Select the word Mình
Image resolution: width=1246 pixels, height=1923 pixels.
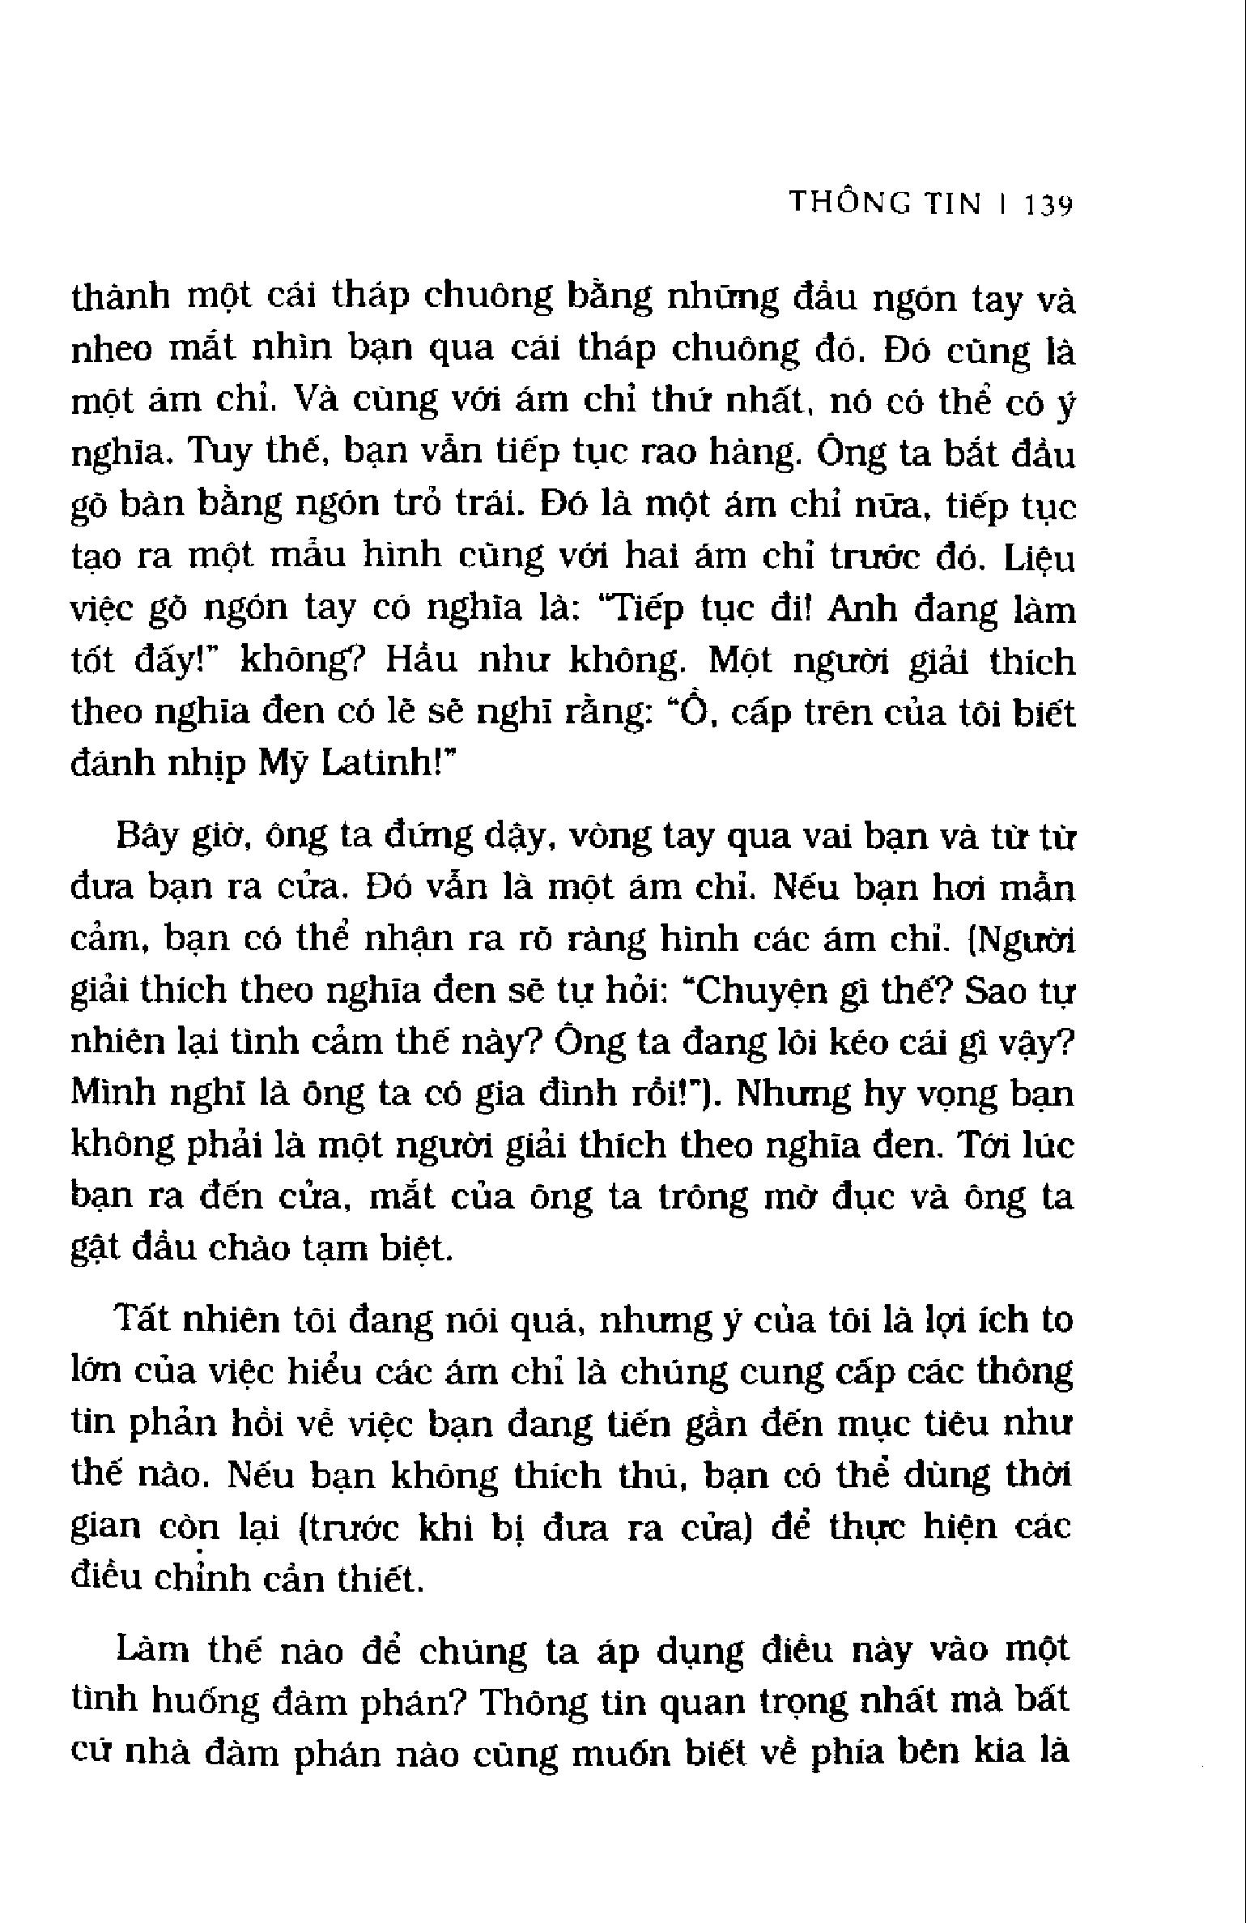[111, 1095]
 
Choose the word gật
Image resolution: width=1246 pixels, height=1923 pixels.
[98, 1251]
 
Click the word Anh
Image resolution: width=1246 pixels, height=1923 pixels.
[862, 610]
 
